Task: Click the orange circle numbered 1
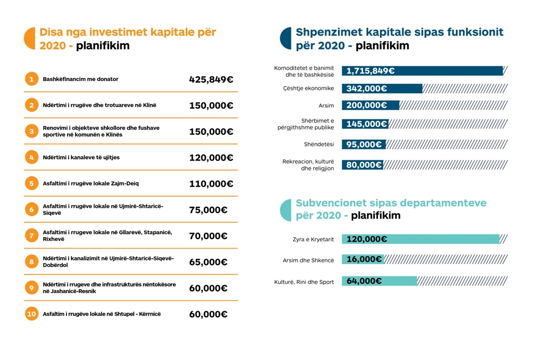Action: click(x=31, y=79)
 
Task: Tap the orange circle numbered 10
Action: click(x=31, y=314)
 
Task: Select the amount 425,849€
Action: click(x=211, y=79)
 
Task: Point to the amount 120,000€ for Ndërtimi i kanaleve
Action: click(x=211, y=158)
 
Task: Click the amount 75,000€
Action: click(x=208, y=210)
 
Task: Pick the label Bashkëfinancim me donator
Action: click(x=80, y=79)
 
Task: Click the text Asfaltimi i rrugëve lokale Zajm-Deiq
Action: click(x=91, y=184)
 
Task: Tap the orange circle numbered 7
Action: click(x=31, y=235)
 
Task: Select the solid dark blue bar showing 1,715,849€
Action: click(x=423, y=71)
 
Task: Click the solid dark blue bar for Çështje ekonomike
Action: click(x=382, y=89)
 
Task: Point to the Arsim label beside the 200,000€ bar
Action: click(x=326, y=106)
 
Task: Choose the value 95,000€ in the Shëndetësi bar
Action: click(x=364, y=145)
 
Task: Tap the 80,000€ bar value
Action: click(x=364, y=165)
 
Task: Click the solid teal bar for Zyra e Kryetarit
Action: click(x=421, y=239)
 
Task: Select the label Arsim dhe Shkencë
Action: click(x=308, y=260)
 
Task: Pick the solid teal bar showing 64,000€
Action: click(x=379, y=281)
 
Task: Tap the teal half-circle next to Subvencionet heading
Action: click(x=286, y=210)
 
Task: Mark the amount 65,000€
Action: click(x=208, y=262)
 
